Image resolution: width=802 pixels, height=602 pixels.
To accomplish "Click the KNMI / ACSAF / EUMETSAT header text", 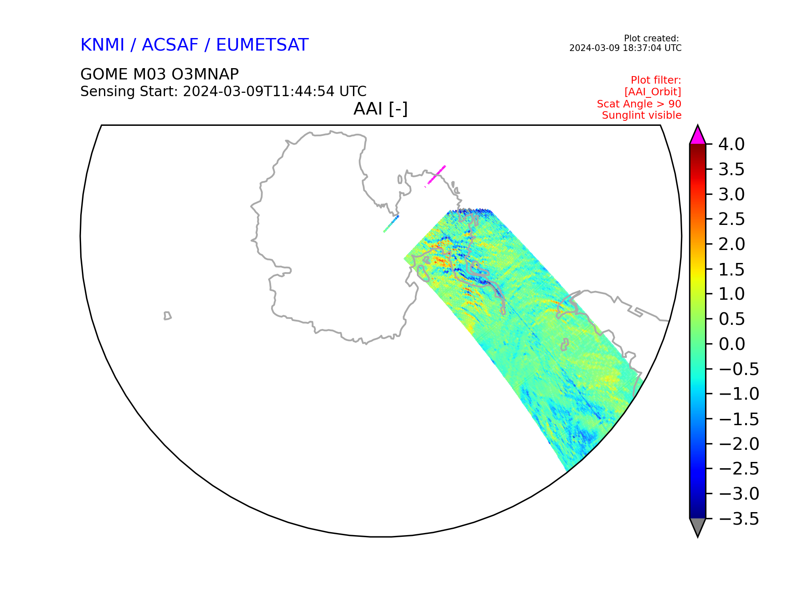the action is (194, 45).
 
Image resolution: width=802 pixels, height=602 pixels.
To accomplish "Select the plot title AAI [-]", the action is (381, 109).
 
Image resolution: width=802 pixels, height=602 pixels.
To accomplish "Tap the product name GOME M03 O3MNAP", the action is (160, 74).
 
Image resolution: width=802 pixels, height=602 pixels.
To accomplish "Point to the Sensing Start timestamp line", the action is (223, 91).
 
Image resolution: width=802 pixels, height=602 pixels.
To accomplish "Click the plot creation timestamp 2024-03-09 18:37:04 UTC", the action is (625, 48).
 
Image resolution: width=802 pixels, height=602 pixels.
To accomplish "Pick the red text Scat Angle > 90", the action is (639, 104).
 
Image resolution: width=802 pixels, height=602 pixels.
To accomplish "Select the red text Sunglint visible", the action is (642, 115).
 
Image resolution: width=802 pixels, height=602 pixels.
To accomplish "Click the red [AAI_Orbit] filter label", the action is (653, 92).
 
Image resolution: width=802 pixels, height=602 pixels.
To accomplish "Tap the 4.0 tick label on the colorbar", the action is (731, 145).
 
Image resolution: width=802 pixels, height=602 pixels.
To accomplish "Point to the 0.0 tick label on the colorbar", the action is (732, 344).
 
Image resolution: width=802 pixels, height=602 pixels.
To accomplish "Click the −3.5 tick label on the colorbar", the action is (739, 519).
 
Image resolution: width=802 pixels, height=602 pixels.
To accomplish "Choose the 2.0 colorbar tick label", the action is (732, 245).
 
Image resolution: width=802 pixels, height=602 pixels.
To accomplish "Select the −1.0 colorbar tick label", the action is (739, 394).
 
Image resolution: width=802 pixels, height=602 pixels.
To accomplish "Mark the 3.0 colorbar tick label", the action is (732, 195).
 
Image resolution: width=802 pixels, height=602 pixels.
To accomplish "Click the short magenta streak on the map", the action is (435, 176).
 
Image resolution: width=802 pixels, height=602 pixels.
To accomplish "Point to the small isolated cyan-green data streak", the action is (391, 224).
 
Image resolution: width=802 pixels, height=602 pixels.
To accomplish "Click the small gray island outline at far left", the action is (168, 316).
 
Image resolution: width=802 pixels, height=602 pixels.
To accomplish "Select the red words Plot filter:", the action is (656, 80).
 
